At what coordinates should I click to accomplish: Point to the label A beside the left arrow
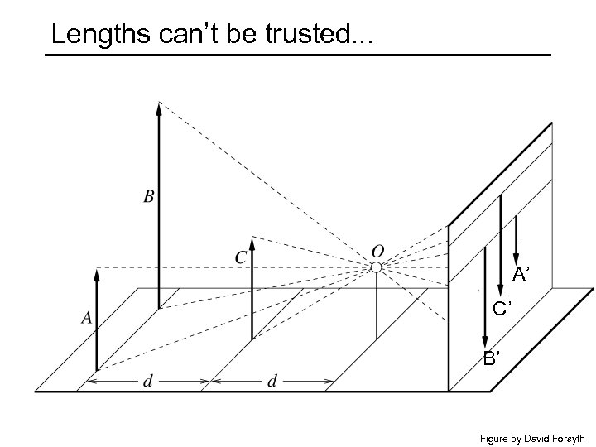(x=86, y=316)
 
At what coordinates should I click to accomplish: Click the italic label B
(x=149, y=196)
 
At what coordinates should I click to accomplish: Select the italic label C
(x=240, y=257)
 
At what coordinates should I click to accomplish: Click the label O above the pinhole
(x=377, y=250)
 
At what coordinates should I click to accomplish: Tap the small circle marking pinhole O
(x=376, y=267)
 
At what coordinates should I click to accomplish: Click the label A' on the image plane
(x=521, y=274)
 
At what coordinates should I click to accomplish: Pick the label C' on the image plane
(x=502, y=310)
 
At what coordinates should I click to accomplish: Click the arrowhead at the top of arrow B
(x=159, y=106)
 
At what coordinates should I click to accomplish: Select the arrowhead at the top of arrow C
(x=252, y=243)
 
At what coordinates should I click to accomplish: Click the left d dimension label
(x=147, y=382)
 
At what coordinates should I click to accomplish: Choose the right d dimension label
(x=272, y=382)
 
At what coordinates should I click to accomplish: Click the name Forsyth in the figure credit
(x=568, y=438)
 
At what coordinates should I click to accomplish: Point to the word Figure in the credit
(x=495, y=438)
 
